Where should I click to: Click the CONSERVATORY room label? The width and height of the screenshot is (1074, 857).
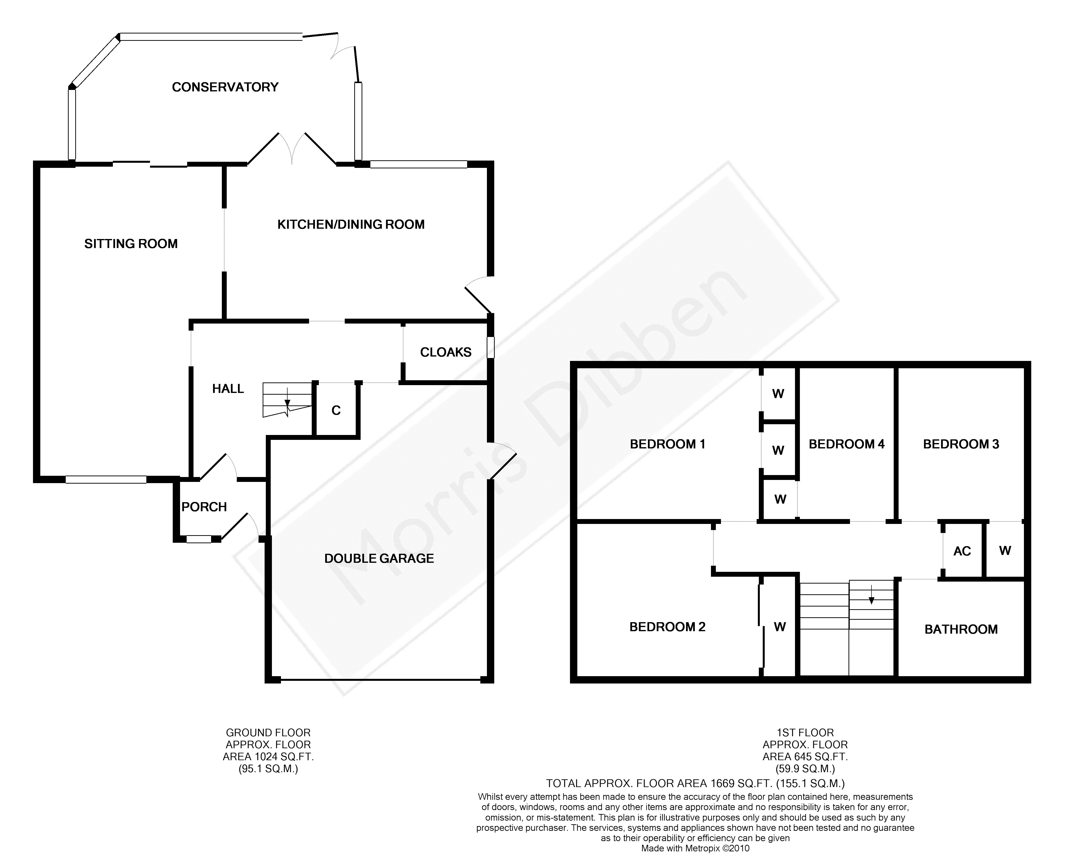coord(225,87)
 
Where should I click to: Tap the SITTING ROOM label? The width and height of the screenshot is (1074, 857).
coord(131,244)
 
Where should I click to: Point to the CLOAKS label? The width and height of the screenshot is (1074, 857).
coord(446,352)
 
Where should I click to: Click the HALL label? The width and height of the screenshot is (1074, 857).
coord(228,389)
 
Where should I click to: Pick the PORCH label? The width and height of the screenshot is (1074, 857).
coord(204,507)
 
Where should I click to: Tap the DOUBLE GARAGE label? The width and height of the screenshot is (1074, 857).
coord(379,559)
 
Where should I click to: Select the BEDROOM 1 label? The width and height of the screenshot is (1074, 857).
coord(667,444)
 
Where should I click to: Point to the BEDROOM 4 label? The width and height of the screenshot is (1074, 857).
coord(847,444)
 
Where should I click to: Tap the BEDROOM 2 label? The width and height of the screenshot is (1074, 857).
coord(667,627)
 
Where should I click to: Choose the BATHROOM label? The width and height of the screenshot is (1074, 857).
coord(961,629)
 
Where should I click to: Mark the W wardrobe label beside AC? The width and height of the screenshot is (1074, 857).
coord(1005,551)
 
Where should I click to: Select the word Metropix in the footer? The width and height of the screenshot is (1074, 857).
coord(703,848)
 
